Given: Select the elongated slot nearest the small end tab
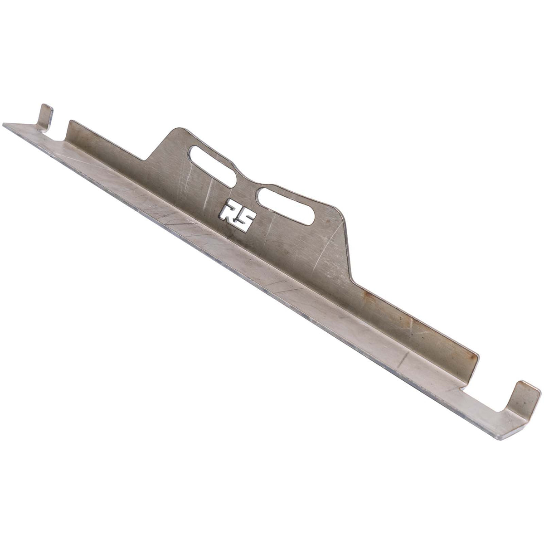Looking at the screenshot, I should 212,165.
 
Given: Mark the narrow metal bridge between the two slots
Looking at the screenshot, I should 247,184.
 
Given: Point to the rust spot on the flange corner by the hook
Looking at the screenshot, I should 474,358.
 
